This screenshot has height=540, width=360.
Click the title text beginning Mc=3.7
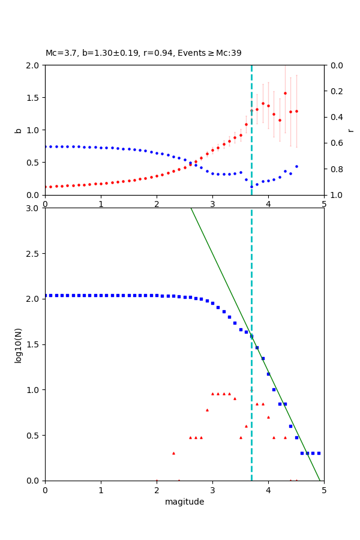143,53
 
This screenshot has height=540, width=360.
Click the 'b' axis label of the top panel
19,130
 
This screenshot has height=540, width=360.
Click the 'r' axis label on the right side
350,130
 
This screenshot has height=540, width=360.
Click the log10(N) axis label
19,344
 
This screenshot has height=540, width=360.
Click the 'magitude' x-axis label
184,502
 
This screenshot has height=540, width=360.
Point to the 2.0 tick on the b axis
35,65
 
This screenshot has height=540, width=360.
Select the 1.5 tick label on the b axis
35,98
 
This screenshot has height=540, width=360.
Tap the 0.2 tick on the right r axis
334,91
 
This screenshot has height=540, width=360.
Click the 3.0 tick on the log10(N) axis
35,208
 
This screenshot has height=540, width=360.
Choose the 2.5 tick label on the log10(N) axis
35,254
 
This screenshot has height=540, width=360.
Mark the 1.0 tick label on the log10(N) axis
35,390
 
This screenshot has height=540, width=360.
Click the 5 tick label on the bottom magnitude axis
324,490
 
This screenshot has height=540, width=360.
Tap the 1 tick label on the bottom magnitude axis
101,490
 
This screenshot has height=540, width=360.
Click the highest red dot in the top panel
285,93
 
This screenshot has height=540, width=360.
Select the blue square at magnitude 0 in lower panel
45,295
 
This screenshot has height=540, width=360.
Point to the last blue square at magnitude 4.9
319,453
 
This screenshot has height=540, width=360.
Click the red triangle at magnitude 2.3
173,453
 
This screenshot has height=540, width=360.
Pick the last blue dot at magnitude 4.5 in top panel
296,166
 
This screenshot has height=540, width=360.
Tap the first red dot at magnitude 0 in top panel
45,187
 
